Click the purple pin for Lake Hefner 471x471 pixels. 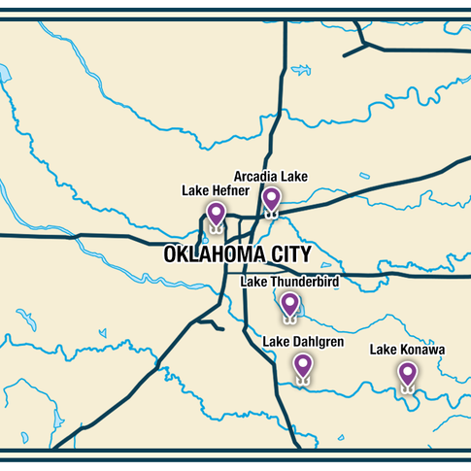[216, 214]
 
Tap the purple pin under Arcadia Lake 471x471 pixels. [271, 199]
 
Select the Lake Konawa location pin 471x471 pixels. [407, 373]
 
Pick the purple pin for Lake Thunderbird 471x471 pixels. [289, 304]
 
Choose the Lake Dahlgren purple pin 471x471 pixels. [303, 365]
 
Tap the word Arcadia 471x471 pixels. [255, 176]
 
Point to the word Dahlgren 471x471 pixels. [317, 342]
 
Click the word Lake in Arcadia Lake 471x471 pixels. [293, 176]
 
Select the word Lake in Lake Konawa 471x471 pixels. [385, 349]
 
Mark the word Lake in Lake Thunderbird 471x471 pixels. [253, 282]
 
